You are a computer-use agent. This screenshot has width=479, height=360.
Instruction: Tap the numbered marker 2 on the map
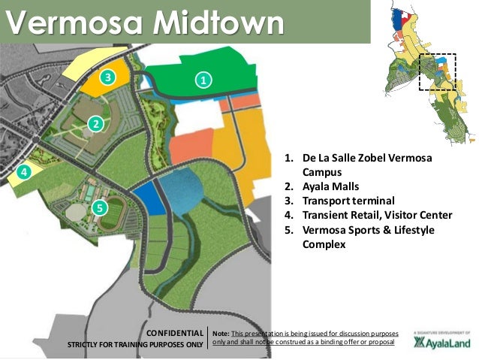[x=95, y=123]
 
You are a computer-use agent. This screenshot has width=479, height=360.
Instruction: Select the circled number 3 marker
[x=108, y=77]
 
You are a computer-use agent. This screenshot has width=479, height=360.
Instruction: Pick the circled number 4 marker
[x=24, y=172]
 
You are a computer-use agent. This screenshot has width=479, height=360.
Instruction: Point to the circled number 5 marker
[x=98, y=206]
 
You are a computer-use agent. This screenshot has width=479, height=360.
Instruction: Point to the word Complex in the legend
[x=324, y=244]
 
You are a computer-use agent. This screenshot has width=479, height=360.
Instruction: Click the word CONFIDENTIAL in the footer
[x=175, y=332]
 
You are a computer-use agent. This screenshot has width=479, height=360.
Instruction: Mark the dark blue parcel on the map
[x=147, y=198]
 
